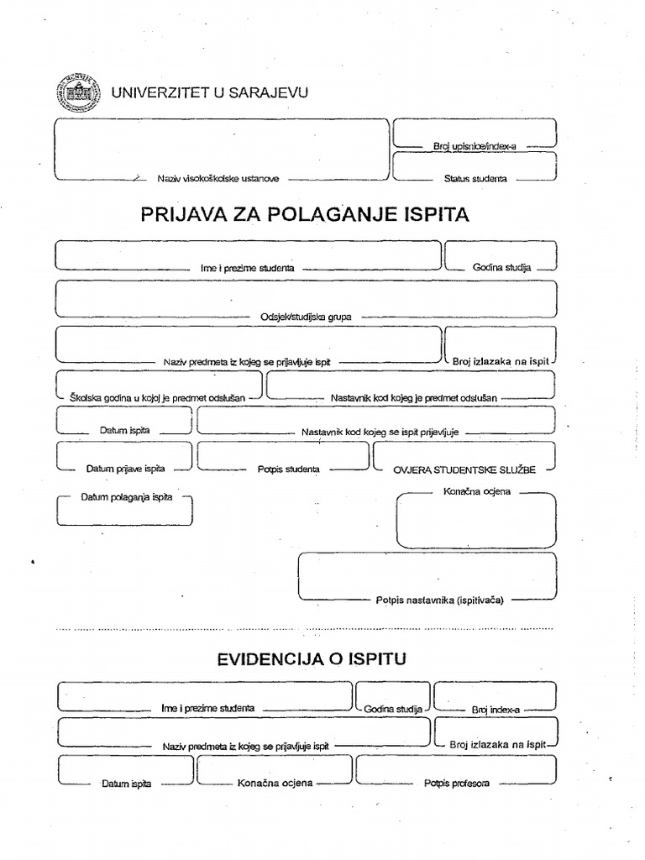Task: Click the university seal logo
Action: coord(77,92)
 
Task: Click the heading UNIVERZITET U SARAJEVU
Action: coord(210,92)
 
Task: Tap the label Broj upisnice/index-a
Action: coord(474,146)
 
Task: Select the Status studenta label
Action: coord(475,179)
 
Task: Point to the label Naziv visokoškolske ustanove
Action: coord(218,179)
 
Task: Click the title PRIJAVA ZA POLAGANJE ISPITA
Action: coord(305,215)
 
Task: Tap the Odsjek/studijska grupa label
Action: coord(306,317)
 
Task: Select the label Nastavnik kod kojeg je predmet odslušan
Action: coord(414,396)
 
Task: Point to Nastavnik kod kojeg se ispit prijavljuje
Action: coord(379,432)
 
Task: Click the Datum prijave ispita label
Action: coord(125,469)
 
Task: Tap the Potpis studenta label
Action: coord(288,469)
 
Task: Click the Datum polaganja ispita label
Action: coord(126,497)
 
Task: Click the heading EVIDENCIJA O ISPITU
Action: coord(312,659)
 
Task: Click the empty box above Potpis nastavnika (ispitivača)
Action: coord(427,573)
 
